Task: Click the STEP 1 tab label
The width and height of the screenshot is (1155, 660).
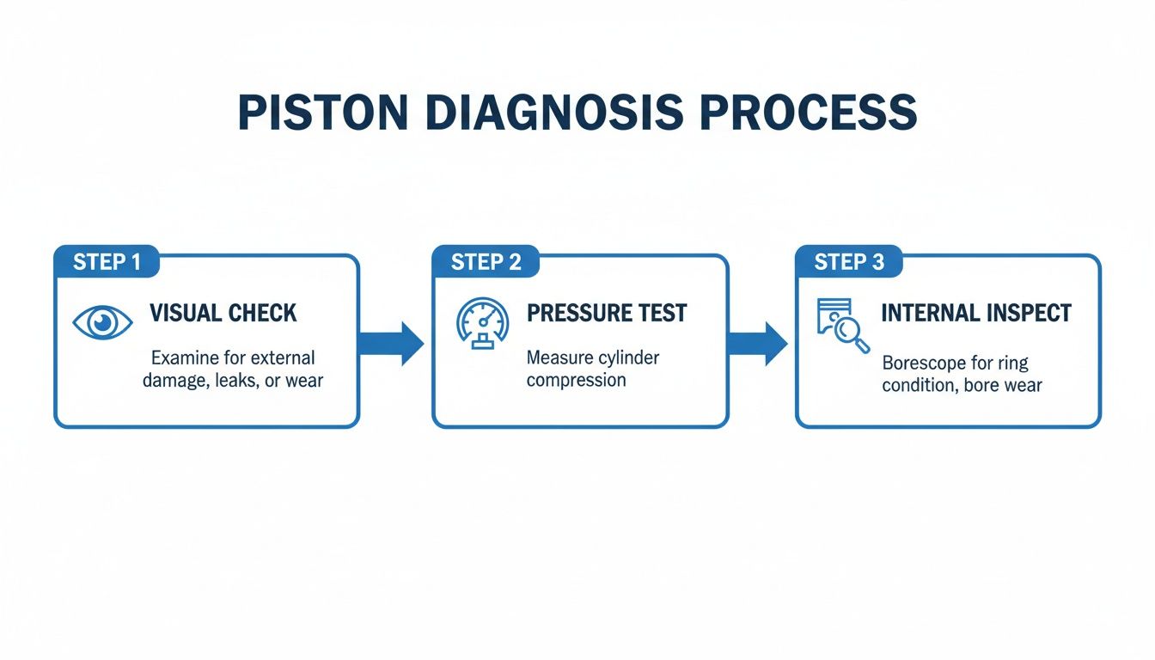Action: (x=107, y=262)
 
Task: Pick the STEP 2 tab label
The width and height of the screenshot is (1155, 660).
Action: (x=486, y=262)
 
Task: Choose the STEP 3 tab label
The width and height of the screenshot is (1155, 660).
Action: (x=849, y=262)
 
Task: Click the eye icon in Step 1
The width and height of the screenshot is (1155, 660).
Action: (x=103, y=322)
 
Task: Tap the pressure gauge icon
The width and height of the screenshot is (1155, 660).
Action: (x=481, y=322)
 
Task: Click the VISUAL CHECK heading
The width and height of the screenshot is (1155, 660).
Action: (x=223, y=313)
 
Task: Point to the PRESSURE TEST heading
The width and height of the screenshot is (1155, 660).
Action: (x=607, y=313)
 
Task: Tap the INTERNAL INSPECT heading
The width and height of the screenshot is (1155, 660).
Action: (x=976, y=313)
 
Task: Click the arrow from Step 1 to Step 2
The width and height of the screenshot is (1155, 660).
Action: (x=391, y=344)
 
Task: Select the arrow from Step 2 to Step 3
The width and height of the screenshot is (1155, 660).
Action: (x=757, y=344)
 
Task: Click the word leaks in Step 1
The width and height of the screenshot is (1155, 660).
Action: (x=235, y=380)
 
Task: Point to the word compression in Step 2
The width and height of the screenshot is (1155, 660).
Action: (x=576, y=380)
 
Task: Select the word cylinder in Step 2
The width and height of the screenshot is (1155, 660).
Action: (x=626, y=357)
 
